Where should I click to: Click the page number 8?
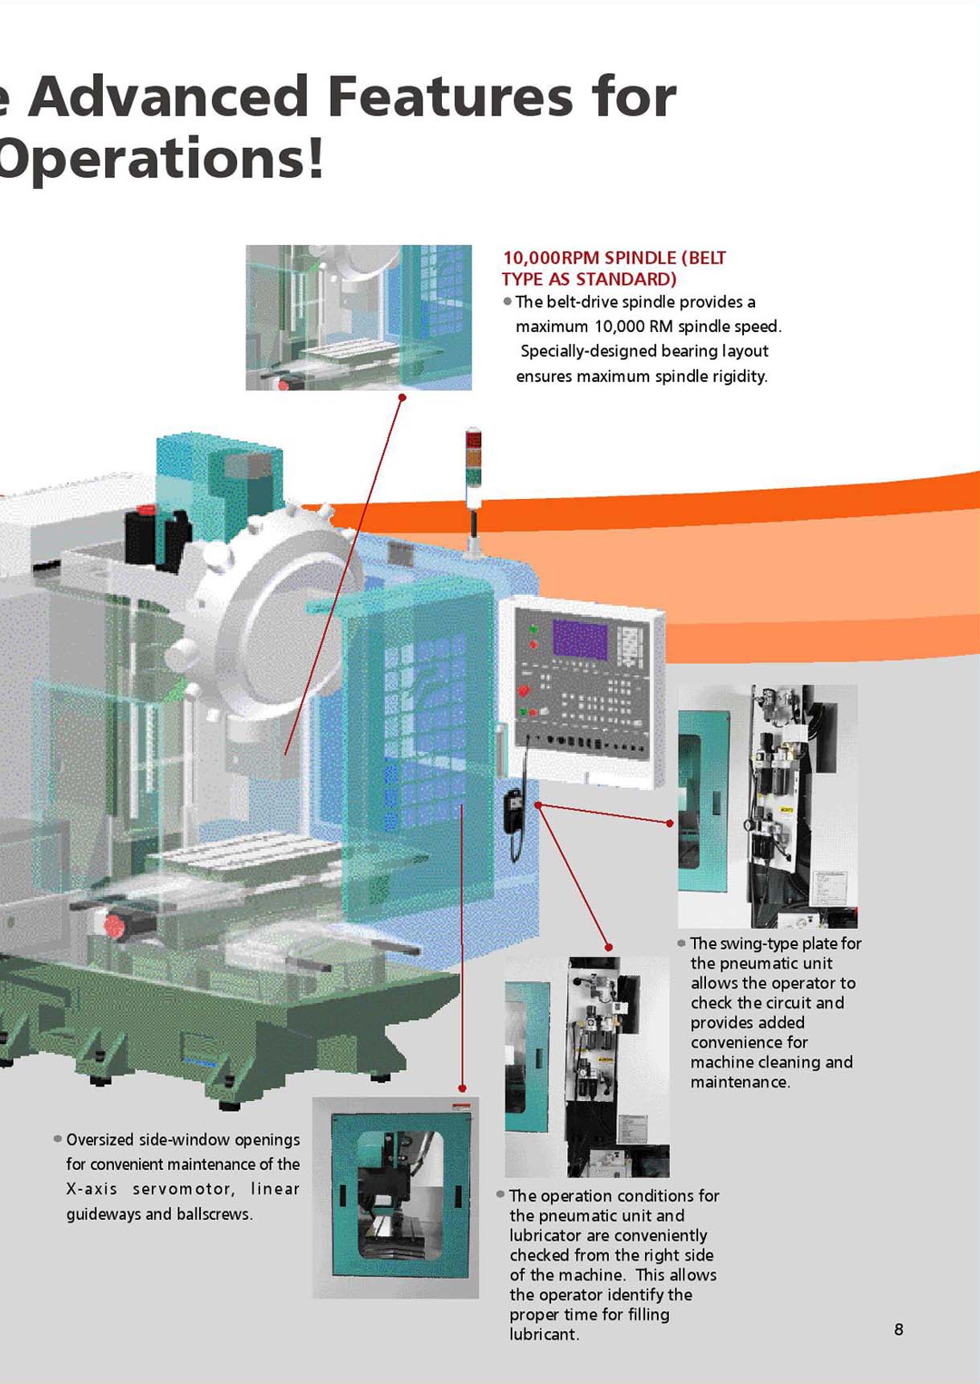click(x=898, y=1329)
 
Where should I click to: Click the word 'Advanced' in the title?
click(x=168, y=96)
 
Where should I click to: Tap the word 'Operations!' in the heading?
click(x=161, y=159)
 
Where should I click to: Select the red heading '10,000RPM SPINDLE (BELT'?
click(x=614, y=258)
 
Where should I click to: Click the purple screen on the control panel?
click(x=579, y=640)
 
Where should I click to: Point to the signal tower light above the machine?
click(x=473, y=462)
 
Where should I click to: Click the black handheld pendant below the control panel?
click(x=513, y=810)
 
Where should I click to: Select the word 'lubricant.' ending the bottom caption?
click(x=544, y=1334)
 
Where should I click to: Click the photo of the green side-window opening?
click(x=396, y=1198)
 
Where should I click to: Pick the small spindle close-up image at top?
click(x=358, y=317)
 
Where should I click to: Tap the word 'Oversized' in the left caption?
click(x=100, y=1140)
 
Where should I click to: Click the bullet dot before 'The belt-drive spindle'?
click(x=507, y=302)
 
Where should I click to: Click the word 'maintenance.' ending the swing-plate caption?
click(x=740, y=1082)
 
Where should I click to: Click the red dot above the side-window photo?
click(x=462, y=1088)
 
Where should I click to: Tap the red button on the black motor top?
click(x=148, y=510)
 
